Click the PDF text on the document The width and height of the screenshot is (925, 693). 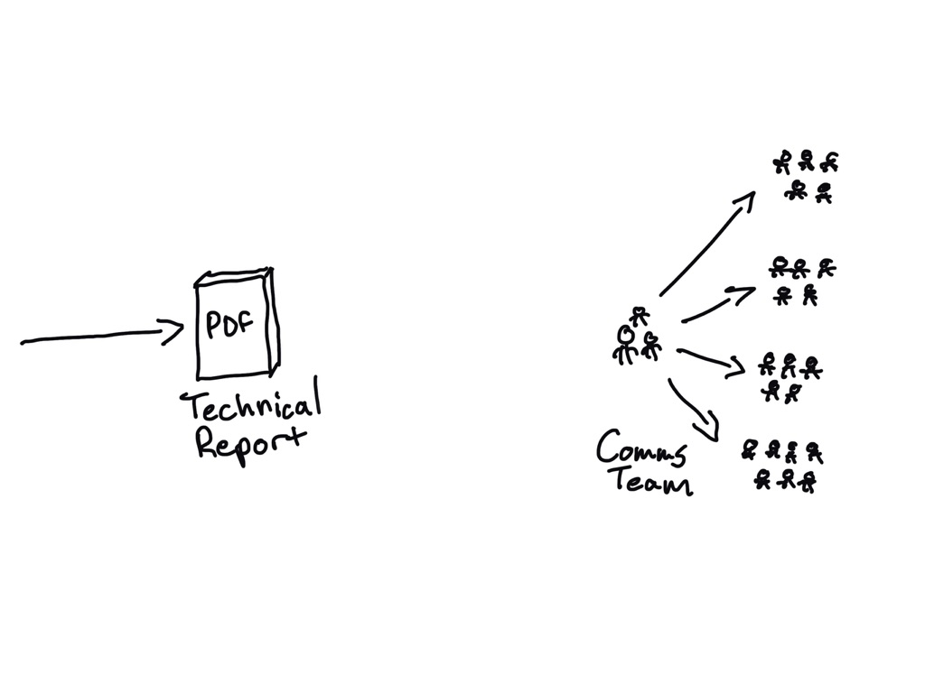pyautogui.click(x=230, y=326)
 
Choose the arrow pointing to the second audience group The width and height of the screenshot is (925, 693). pyautogui.click(x=718, y=304)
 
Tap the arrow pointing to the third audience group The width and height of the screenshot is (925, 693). pyautogui.click(x=711, y=358)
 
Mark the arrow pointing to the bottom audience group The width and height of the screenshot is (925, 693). pyautogui.click(x=694, y=411)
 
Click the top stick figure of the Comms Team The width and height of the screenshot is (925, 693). pyautogui.click(x=640, y=317)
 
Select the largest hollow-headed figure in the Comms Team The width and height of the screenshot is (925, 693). pyautogui.click(x=624, y=344)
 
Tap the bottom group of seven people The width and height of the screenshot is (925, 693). pyautogui.click(x=783, y=465)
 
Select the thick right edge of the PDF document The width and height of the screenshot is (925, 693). pyautogui.click(x=273, y=320)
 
